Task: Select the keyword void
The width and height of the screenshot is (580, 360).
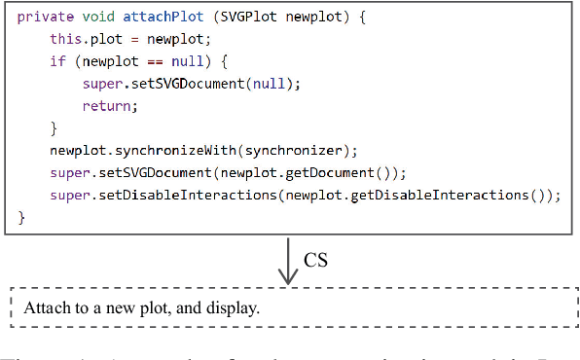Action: click(x=95, y=17)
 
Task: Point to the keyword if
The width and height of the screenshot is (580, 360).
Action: click(x=57, y=61)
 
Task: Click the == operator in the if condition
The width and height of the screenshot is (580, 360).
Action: click(x=150, y=61)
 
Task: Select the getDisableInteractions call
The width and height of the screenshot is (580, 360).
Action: click(x=441, y=196)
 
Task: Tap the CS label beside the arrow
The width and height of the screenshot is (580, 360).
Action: click(x=316, y=260)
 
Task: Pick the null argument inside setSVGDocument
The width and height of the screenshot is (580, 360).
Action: click(x=270, y=84)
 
